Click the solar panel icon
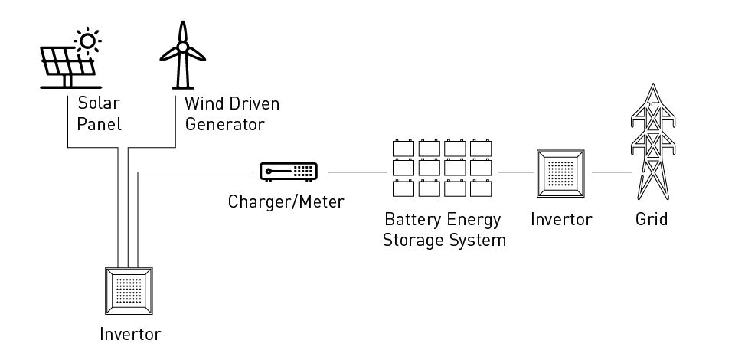click(67, 63)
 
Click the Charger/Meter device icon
click(289, 172)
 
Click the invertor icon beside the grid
click(563, 172)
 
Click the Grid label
click(652, 220)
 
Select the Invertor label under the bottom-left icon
click(130, 334)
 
